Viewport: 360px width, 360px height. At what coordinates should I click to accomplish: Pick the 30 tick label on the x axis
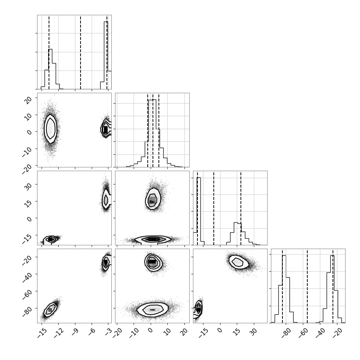pos(253,332)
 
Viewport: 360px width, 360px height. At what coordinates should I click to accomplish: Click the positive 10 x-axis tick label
pos(167,332)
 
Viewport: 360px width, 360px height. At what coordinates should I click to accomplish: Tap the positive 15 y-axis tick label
pos(28,203)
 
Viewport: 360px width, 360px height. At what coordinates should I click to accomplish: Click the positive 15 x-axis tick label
pos(237,332)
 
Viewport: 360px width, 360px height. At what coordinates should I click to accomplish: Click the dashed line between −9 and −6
pos(81,52)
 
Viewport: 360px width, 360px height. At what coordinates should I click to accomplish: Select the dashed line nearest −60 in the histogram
pos(307,286)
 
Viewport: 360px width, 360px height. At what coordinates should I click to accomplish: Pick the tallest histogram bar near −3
pos(106,55)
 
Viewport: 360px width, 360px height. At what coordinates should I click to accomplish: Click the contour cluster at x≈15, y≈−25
pos(238,262)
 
